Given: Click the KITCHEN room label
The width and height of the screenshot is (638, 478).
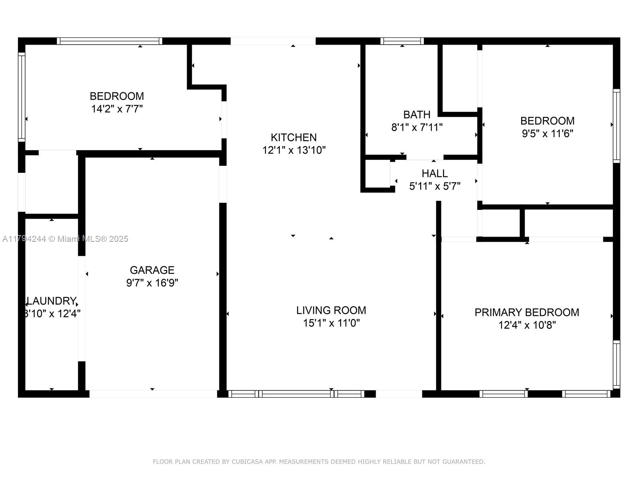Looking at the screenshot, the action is (x=293, y=137).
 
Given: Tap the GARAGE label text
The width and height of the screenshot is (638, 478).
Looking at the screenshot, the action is (x=152, y=270).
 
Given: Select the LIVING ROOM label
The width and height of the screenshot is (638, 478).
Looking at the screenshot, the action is (x=331, y=310).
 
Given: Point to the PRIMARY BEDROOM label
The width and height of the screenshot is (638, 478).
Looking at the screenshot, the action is (x=527, y=312).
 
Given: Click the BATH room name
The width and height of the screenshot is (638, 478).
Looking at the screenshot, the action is (x=417, y=115).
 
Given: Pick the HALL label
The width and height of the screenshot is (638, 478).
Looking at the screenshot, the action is (x=435, y=173).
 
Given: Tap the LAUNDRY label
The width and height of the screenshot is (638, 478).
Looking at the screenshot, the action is (x=51, y=301).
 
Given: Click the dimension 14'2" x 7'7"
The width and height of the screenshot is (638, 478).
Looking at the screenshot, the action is (x=117, y=109).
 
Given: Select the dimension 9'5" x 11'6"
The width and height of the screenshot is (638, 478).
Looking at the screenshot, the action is (x=547, y=133).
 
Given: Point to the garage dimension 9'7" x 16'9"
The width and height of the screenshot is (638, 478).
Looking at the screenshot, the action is (x=152, y=283).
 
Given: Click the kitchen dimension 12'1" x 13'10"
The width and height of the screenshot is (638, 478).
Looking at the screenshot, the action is (x=293, y=150).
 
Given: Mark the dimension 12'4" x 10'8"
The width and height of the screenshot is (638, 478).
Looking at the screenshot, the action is (x=527, y=325).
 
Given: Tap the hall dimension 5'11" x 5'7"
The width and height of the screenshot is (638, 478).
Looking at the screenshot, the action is (x=435, y=186).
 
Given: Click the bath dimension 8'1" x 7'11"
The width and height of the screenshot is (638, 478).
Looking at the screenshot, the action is (x=417, y=127).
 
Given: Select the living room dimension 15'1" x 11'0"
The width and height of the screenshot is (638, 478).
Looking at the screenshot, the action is (x=331, y=323).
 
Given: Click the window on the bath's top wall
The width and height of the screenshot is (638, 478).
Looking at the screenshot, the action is (x=402, y=41).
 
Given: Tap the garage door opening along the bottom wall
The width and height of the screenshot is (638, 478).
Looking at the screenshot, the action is (x=153, y=394).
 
